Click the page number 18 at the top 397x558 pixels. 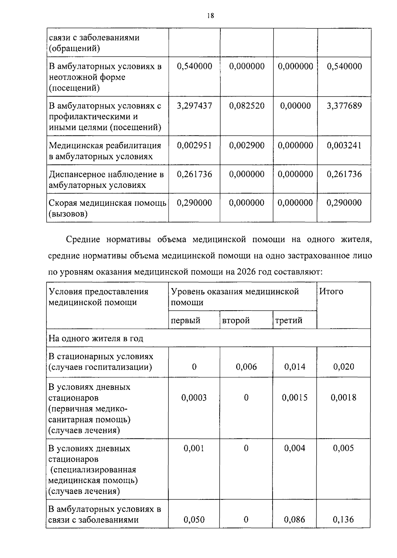[x=211, y=16]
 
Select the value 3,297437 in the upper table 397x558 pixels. [x=195, y=106]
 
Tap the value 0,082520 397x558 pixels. [x=247, y=106]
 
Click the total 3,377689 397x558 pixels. [x=344, y=106]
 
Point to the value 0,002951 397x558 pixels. [x=195, y=145]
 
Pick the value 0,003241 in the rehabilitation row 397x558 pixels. [x=344, y=145]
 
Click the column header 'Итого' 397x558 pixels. [x=331, y=291]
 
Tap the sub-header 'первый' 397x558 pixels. [x=186, y=320]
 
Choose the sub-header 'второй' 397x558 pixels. [x=236, y=320]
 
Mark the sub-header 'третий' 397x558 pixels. [x=289, y=320]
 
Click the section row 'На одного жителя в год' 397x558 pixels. [x=96, y=338]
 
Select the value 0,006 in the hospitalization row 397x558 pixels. [x=246, y=366]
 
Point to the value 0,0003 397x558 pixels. [x=194, y=397]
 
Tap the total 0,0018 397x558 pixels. [x=343, y=397]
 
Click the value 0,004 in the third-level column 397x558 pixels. [x=295, y=448]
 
